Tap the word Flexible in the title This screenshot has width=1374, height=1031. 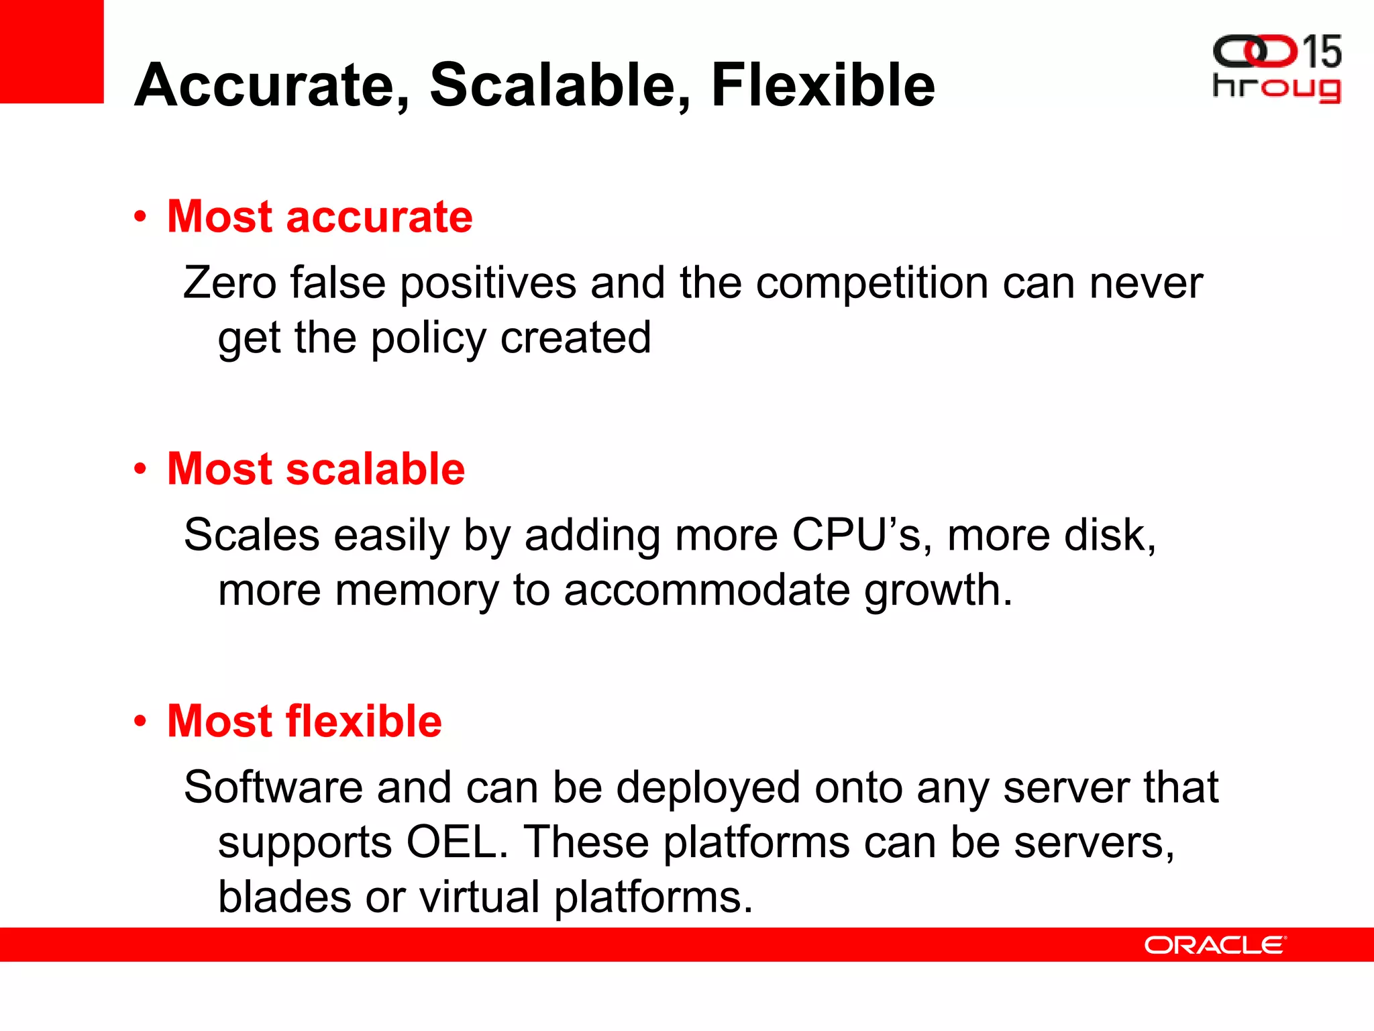point(823,85)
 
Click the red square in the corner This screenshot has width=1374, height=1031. point(52,51)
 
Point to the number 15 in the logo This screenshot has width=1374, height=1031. point(1321,52)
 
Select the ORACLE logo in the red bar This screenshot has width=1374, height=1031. point(1214,945)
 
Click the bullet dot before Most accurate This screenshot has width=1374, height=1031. point(140,217)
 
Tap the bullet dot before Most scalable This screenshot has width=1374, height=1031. point(140,469)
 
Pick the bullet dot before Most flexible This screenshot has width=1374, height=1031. point(140,722)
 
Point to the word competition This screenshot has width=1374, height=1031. point(871,283)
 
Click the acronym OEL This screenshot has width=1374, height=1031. point(456,842)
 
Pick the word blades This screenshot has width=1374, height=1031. point(284,897)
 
